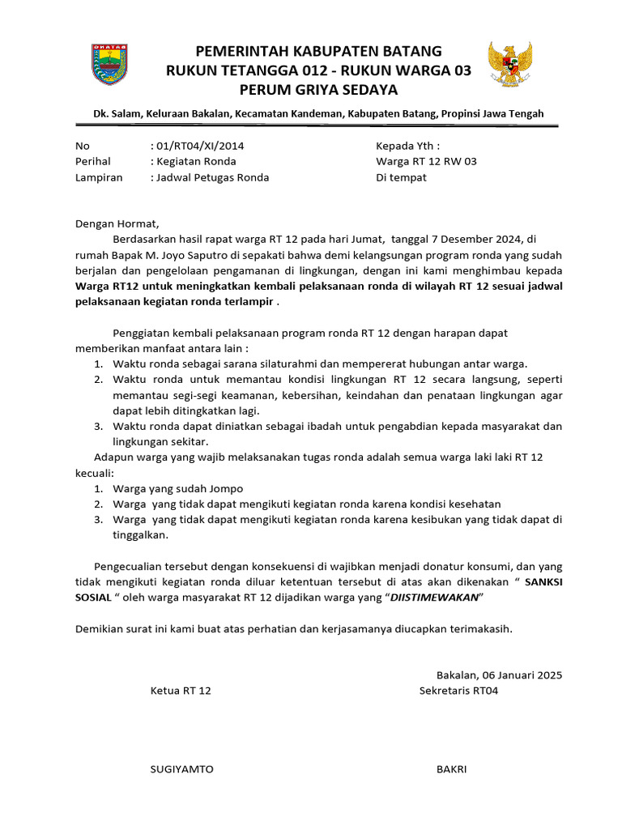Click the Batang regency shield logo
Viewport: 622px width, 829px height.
pos(109,65)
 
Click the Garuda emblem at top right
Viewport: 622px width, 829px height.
pos(511,65)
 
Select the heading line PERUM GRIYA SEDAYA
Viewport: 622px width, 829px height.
pos(318,89)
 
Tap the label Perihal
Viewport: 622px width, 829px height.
pos(92,161)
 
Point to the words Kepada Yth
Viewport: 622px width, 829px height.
pos(407,146)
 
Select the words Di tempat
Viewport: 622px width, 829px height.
pos(401,177)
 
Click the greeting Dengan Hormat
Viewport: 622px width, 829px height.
pos(117,223)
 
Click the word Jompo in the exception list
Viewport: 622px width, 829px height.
pos(223,488)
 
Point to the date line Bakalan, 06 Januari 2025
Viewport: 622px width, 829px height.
pos(499,674)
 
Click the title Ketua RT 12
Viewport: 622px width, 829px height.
pos(181,691)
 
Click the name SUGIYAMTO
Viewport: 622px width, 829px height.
pos(182,769)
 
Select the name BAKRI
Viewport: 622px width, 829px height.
pos(451,769)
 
